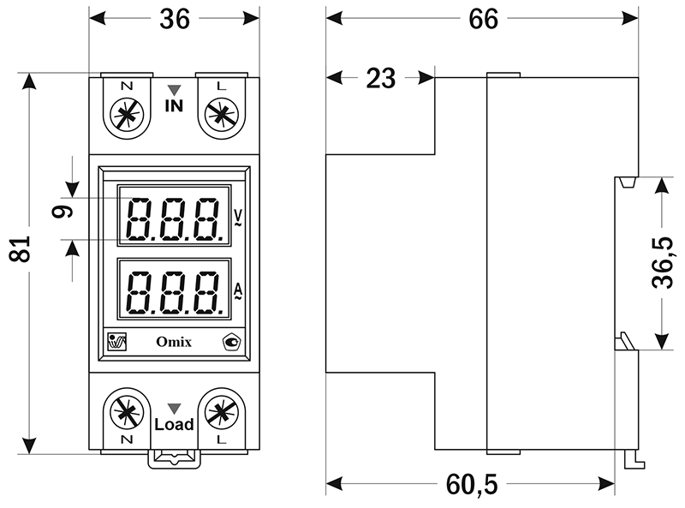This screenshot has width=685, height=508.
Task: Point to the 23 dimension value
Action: click(380, 79)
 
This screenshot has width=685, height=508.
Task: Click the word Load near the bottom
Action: click(174, 424)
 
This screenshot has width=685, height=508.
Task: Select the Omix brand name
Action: click(174, 343)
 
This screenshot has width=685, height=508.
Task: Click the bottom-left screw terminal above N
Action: click(127, 412)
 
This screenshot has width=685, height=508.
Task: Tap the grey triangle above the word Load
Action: click(174, 408)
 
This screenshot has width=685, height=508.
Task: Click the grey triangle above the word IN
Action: click(174, 89)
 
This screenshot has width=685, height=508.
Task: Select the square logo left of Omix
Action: click(116, 342)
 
